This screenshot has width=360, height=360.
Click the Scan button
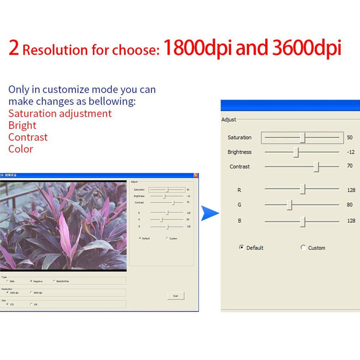(x=175, y=296)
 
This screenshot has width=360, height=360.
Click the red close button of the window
(x=195, y=175)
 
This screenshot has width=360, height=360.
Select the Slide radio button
(x=7, y=281)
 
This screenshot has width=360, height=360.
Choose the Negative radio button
(x=31, y=281)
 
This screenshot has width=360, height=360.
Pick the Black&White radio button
(x=54, y=281)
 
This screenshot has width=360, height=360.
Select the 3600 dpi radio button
(x=31, y=293)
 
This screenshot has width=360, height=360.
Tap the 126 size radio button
(x=31, y=304)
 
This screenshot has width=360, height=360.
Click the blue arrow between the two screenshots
(x=209, y=212)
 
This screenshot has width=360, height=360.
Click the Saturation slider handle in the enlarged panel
(x=303, y=137)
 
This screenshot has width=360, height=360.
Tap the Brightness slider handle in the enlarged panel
(x=296, y=152)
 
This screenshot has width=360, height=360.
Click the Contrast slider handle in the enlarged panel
(x=317, y=167)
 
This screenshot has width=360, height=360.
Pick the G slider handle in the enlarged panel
(x=290, y=205)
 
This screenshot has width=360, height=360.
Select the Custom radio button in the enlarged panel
(x=303, y=247)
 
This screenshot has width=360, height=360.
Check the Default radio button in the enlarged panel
(x=242, y=247)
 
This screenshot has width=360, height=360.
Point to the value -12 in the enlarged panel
(x=351, y=152)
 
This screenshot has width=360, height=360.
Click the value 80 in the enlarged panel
(x=350, y=205)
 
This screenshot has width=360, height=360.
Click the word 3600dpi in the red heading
(x=307, y=48)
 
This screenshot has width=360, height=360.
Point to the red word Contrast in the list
(x=28, y=137)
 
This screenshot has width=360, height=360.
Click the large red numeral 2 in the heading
(x=14, y=48)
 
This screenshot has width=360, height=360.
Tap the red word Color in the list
(x=21, y=149)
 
